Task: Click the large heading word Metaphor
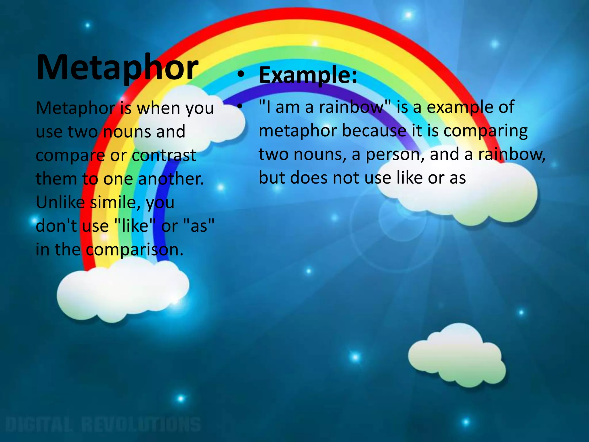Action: (x=117, y=68)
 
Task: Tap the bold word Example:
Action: (x=308, y=75)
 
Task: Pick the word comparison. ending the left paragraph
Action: (x=135, y=249)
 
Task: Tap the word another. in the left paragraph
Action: (x=171, y=179)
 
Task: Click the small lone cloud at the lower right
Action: (x=457, y=357)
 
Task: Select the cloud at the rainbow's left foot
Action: (x=121, y=291)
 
